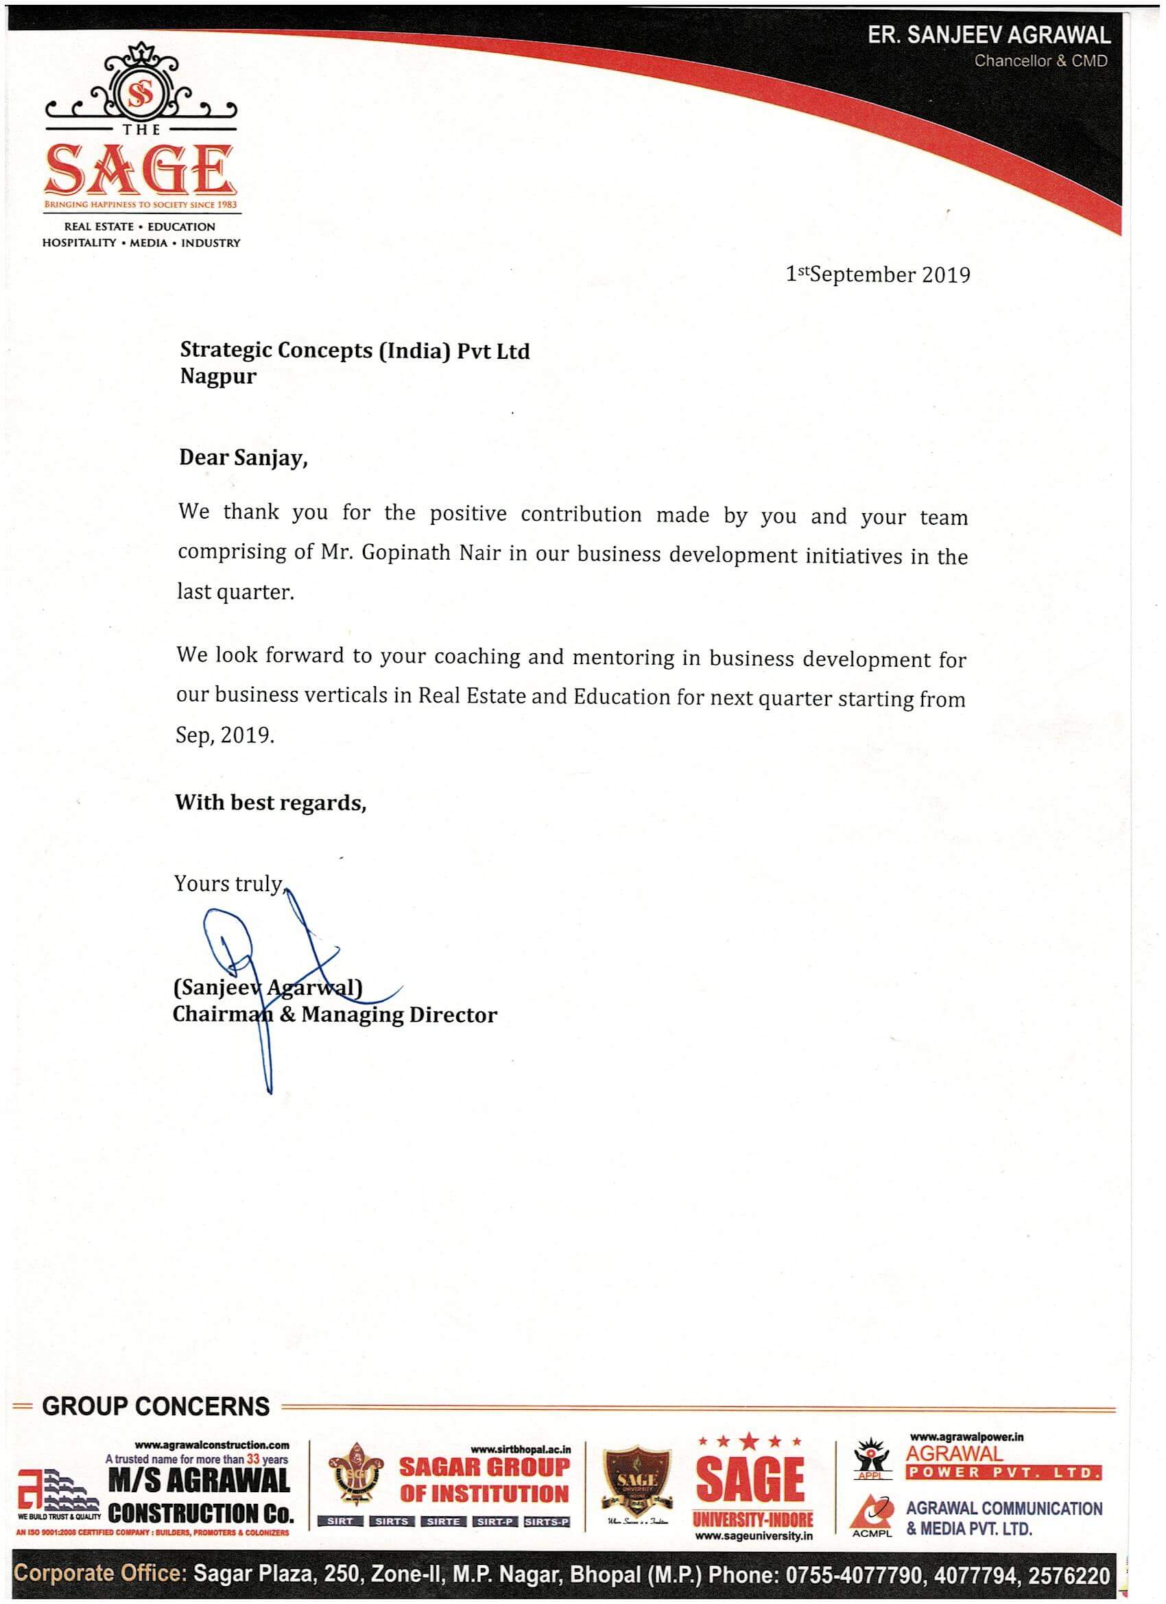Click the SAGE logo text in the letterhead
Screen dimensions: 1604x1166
point(139,169)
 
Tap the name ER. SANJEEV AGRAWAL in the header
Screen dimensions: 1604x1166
point(988,36)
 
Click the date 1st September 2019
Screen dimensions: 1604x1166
point(877,274)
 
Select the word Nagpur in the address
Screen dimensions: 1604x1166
point(218,376)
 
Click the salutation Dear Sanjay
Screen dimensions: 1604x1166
point(243,458)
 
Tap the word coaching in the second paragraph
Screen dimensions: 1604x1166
point(477,657)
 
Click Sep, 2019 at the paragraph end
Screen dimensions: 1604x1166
point(224,735)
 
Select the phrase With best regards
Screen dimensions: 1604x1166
point(270,802)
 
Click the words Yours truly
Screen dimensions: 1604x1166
point(229,884)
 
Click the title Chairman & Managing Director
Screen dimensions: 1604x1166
point(335,1015)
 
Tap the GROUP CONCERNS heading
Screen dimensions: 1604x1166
point(156,1406)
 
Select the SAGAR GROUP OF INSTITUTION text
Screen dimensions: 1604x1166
point(484,1480)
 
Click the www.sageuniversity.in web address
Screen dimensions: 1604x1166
point(753,1535)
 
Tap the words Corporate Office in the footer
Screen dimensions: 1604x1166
point(99,1575)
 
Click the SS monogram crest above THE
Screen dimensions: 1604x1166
point(139,95)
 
